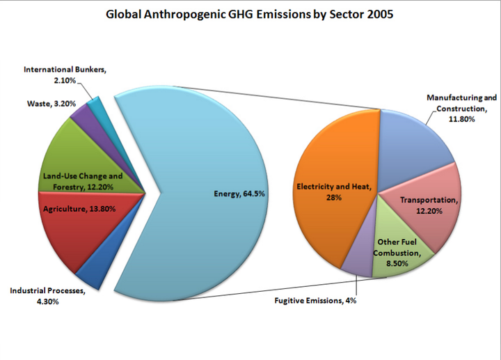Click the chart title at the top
(249, 15)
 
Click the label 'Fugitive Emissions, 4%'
(315, 301)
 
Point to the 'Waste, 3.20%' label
(51, 104)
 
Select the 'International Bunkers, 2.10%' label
(65, 75)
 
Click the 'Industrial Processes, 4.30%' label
(47, 296)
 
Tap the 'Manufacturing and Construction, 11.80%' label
(462, 108)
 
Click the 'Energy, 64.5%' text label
(239, 194)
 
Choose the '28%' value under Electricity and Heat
(334, 198)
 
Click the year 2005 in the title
(380, 15)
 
